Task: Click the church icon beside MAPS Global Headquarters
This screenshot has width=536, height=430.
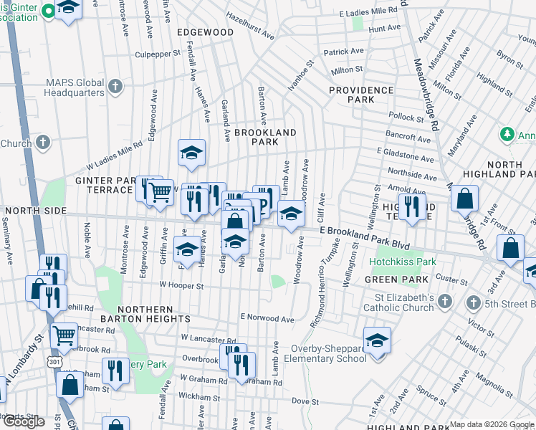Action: coord(115,87)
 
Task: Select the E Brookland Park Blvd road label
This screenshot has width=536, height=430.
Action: coord(365,238)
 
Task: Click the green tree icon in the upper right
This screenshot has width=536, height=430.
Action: coord(507,134)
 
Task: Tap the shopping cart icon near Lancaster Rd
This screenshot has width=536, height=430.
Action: coord(64,333)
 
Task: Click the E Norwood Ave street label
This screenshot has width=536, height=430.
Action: coord(267,317)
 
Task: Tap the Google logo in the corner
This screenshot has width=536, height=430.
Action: coord(24,421)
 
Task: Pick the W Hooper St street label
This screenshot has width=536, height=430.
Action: coord(181,285)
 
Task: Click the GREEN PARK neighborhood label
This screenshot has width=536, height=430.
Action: coord(391,279)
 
